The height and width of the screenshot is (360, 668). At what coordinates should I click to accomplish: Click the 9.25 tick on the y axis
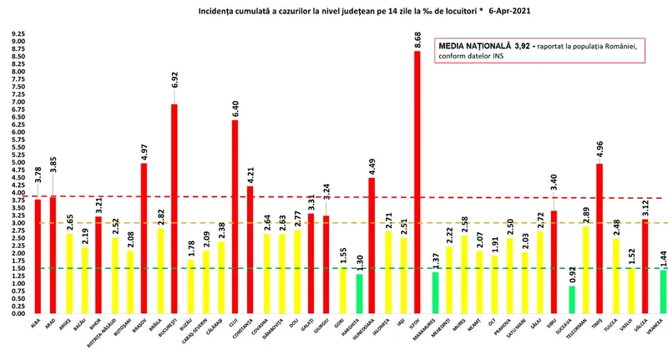point(18,35)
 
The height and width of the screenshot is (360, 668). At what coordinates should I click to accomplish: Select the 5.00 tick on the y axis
point(18,163)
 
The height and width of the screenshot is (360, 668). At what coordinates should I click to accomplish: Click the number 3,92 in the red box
point(529,47)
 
